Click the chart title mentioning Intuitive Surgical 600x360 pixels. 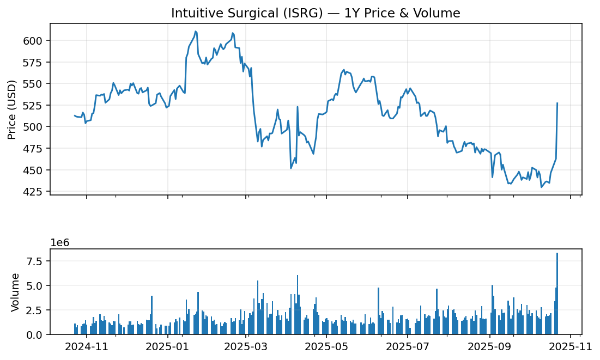(x=316, y=13)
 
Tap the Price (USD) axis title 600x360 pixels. (x=12, y=109)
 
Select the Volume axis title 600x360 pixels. (x=15, y=292)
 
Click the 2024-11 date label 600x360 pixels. (x=87, y=346)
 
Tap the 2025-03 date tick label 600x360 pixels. (x=246, y=346)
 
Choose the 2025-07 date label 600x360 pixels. (x=407, y=346)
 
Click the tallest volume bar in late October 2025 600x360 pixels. (x=557, y=294)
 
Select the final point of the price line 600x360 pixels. (x=557, y=103)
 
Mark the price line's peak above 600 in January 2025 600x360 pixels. (x=195, y=32)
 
